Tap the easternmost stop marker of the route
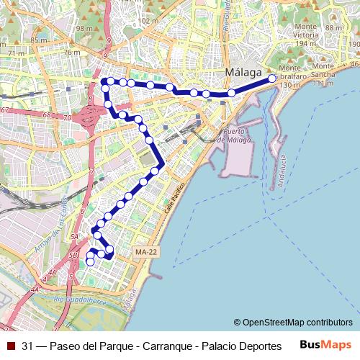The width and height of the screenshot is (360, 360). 272,78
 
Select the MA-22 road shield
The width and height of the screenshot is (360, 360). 145,252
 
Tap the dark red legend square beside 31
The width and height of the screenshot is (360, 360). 10,345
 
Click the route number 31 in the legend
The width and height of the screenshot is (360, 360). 28,345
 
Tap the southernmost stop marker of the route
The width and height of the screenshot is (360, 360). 90,263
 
